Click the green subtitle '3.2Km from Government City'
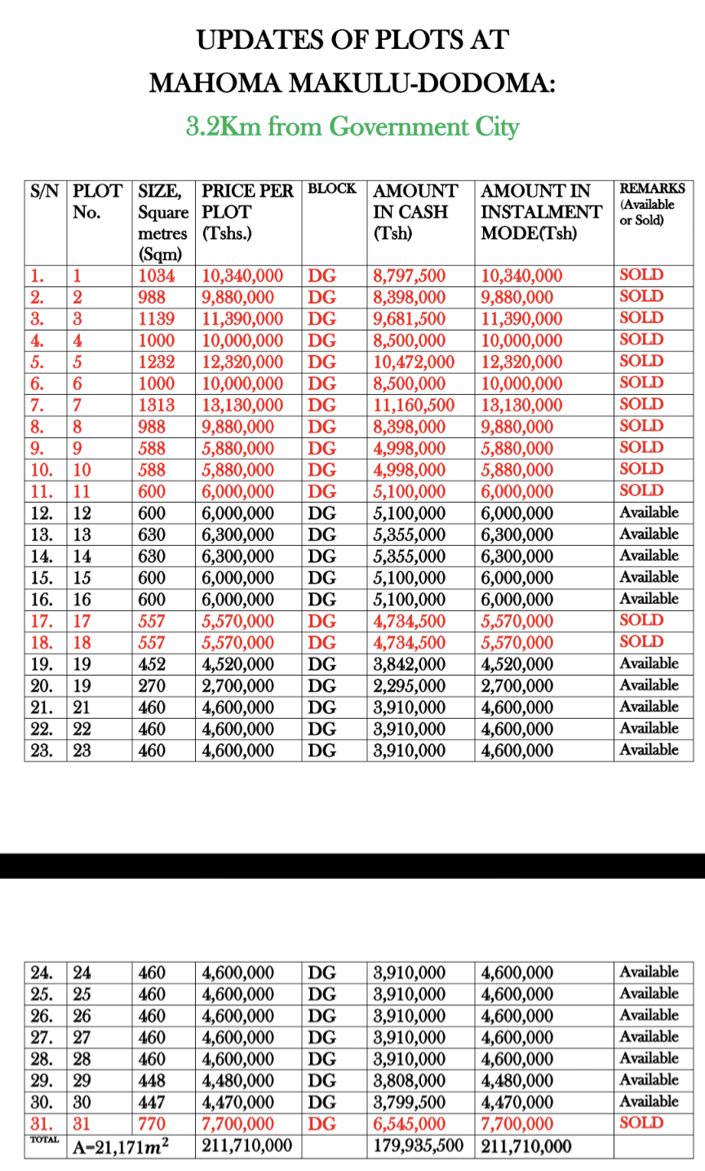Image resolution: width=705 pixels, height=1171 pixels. [x=352, y=127]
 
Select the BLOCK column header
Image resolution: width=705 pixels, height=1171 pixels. [x=332, y=189]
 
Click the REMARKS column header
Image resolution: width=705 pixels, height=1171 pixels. [x=652, y=188]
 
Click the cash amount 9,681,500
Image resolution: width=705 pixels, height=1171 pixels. [x=410, y=319]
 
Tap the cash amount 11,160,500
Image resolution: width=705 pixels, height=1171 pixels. [x=414, y=406]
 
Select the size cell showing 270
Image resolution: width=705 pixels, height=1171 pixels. [x=152, y=686]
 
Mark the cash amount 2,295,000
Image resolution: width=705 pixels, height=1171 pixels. [x=410, y=686]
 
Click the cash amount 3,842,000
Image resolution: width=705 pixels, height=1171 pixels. [x=410, y=664]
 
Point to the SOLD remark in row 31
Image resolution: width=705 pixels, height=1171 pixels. [x=641, y=1123]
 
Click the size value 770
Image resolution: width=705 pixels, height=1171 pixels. [x=152, y=1124]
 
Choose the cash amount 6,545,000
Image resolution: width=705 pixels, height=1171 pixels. [x=410, y=1124]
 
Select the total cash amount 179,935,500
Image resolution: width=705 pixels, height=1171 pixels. [x=418, y=1146]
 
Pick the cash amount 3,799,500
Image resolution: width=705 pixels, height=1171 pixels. [x=410, y=1102]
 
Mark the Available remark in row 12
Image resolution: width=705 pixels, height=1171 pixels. [x=649, y=512]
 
